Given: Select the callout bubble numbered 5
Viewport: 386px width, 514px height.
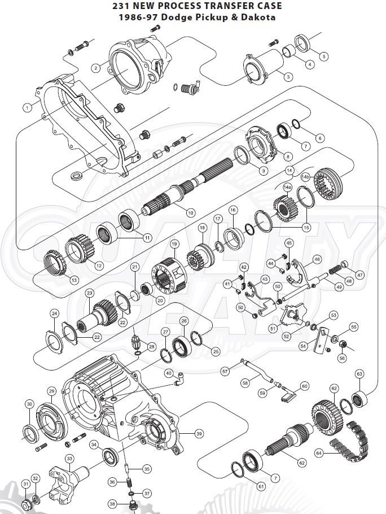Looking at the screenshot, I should coord(323,56).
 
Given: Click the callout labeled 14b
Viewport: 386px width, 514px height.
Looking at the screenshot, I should coord(306,176).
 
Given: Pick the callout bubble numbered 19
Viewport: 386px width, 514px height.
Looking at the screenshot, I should coord(174,243).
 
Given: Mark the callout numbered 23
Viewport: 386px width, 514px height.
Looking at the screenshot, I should coord(89,293).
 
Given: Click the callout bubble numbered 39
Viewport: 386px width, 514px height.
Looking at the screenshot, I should coord(199,434).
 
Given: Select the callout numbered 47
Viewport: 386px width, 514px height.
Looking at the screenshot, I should coord(359,275).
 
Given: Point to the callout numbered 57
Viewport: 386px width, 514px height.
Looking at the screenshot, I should coord(225,371).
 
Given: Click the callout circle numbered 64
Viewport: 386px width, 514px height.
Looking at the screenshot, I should coord(318,452).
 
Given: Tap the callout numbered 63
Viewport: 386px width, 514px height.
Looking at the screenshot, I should coord(359,374).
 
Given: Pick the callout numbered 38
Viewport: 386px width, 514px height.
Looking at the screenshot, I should coord(112,504).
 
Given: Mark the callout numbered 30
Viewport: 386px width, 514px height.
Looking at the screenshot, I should coord(29,404).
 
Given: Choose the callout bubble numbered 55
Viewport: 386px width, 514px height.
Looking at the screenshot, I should coord(354,326).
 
